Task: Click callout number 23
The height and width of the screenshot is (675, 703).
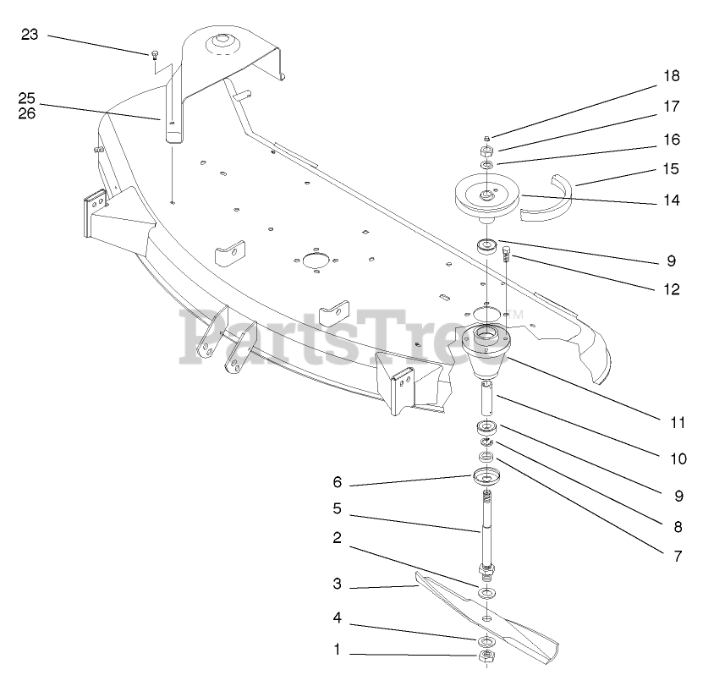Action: [x=30, y=35]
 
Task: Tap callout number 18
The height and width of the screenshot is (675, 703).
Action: [x=671, y=76]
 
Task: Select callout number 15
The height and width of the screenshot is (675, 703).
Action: [x=671, y=168]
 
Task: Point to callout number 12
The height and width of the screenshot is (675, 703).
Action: [x=671, y=288]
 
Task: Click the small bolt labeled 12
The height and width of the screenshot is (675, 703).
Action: [x=507, y=254]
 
